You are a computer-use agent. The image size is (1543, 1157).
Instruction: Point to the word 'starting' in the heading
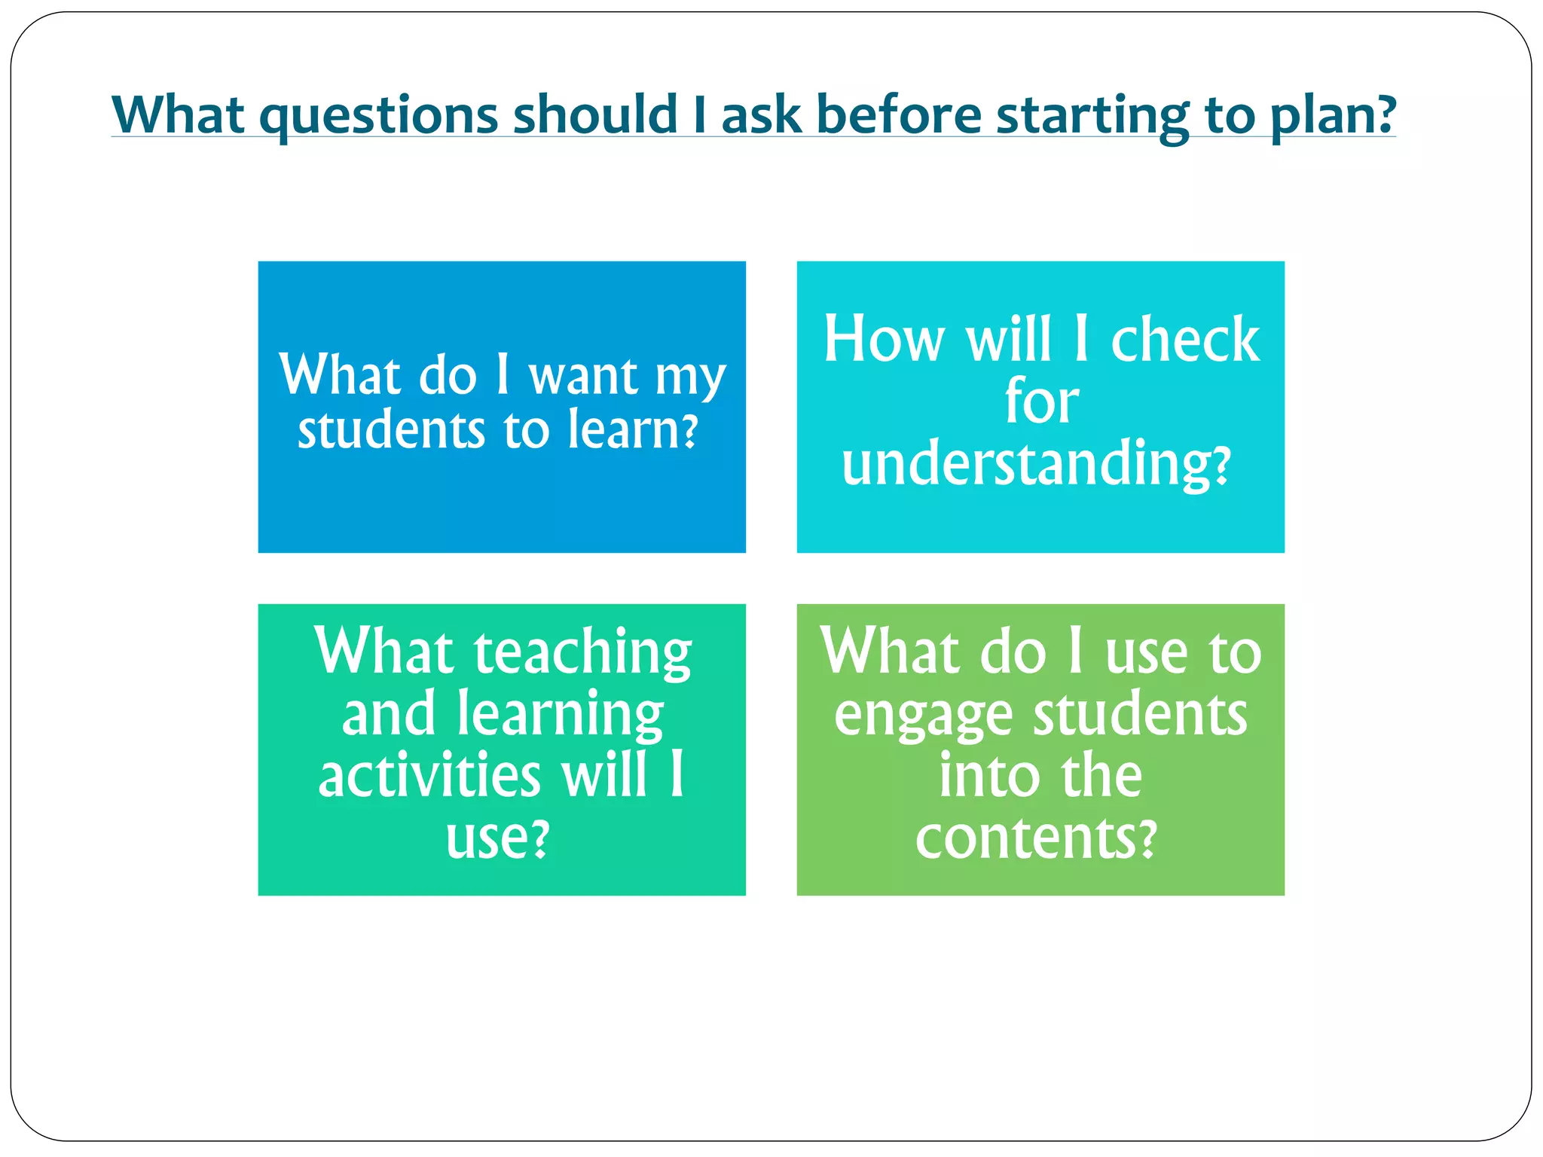click(1092, 115)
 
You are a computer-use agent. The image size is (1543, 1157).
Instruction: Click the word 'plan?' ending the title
click(1334, 115)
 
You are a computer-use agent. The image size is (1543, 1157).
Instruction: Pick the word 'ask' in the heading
click(761, 115)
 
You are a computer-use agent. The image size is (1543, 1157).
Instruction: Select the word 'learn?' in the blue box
click(633, 430)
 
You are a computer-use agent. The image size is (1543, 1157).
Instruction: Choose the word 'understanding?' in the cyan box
click(1037, 464)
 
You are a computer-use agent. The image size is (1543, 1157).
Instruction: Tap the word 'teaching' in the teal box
click(582, 652)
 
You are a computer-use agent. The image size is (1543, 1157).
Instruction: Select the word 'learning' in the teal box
click(561, 715)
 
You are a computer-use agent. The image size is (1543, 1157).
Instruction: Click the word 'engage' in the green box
click(923, 715)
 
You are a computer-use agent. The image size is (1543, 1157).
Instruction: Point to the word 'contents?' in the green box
click(1036, 838)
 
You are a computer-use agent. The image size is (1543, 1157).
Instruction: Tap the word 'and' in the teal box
click(389, 713)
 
